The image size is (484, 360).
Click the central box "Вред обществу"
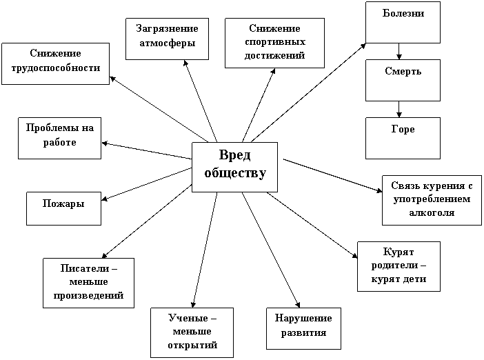click(234, 167)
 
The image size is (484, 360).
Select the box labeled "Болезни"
click(403, 22)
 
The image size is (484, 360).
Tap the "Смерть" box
click(403, 80)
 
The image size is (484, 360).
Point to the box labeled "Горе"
click(403, 138)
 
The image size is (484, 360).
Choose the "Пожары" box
click(63, 208)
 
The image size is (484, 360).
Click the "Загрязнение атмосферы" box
click(167, 39)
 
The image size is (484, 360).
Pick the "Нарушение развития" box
click(304, 328)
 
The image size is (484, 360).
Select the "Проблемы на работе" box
click(59, 138)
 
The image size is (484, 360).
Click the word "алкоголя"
click(432, 212)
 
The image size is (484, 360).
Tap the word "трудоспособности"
click(56, 68)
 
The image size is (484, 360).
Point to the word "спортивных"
click(275, 42)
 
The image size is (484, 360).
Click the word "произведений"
click(88, 295)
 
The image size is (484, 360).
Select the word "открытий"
click(192, 345)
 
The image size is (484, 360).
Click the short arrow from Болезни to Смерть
click(399, 51)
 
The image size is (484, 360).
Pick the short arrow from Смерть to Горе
click(399, 109)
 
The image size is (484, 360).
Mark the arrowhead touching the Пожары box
click(104, 199)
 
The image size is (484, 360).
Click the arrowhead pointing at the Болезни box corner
click(363, 46)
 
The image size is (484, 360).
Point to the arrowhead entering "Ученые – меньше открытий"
click(193, 304)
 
